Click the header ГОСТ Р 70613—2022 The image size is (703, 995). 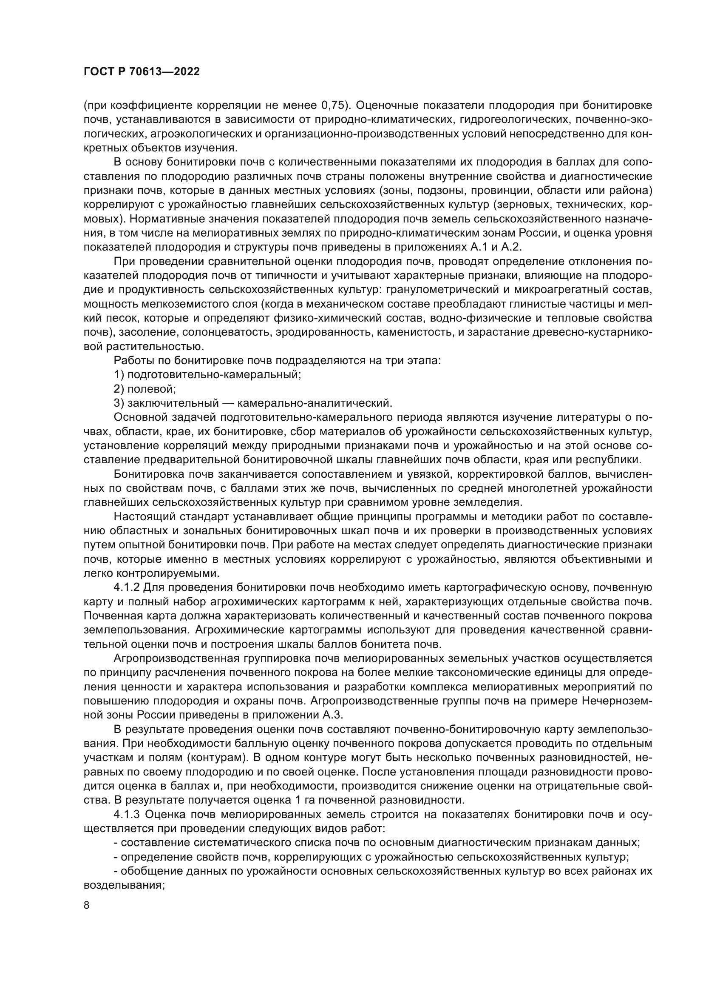(142, 72)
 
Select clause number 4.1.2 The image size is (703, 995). (126, 587)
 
